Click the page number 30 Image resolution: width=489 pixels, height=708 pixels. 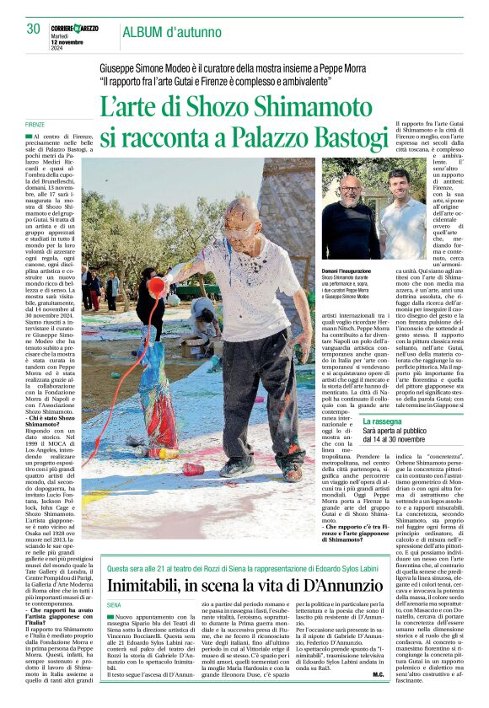[33, 29]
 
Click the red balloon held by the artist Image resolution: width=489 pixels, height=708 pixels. [157, 287]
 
